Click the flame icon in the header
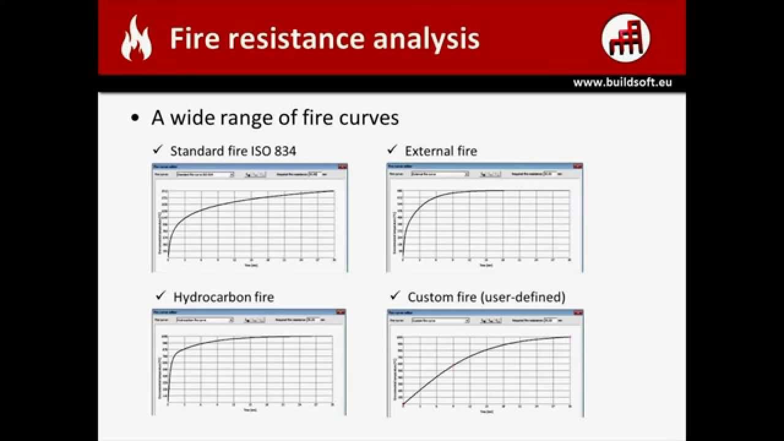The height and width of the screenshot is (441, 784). (x=136, y=39)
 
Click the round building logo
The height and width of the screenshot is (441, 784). (x=625, y=38)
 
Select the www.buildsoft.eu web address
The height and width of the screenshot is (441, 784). (x=622, y=83)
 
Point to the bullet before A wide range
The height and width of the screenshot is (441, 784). (x=135, y=118)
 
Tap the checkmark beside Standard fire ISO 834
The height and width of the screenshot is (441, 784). (x=157, y=149)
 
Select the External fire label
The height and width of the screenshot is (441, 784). (x=440, y=151)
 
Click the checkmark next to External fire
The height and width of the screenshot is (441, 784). (x=392, y=149)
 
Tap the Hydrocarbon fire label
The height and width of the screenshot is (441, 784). (x=224, y=297)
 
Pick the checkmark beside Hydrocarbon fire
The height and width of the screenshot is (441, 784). (x=161, y=296)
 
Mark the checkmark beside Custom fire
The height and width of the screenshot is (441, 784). (x=395, y=296)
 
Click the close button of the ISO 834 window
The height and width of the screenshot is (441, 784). (x=342, y=167)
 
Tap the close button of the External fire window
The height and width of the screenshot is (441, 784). (x=577, y=167)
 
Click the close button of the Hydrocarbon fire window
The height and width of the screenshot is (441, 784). (x=341, y=312)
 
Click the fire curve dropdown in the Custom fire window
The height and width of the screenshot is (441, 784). (x=440, y=320)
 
